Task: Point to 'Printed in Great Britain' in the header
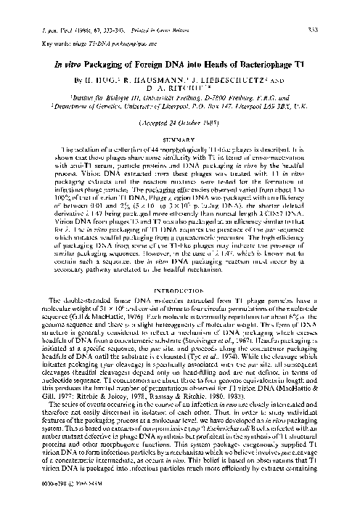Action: (145, 9)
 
